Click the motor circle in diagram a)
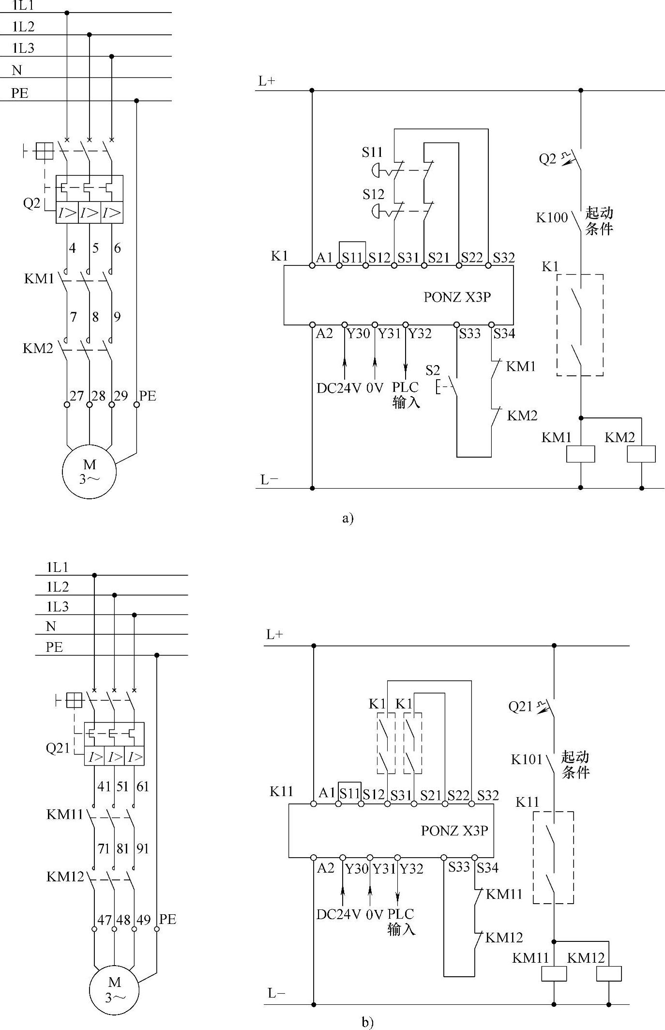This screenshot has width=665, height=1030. click(x=89, y=472)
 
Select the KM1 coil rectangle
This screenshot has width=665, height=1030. click(x=581, y=454)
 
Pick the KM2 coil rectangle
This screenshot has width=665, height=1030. click(x=641, y=454)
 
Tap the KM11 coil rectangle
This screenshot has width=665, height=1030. click(x=554, y=973)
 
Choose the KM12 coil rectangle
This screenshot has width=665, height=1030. click(x=609, y=973)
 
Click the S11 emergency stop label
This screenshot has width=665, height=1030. click(x=372, y=153)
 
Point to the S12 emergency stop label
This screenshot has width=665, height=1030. click(x=373, y=195)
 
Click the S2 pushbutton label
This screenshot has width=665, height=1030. click(x=433, y=371)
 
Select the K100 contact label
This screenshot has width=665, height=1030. click(x=551, y=217)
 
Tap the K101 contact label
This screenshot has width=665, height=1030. click(x=527, y=759)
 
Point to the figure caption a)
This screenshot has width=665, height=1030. click(x=348, y=519)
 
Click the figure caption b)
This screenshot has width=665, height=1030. click(x=367, y=1022)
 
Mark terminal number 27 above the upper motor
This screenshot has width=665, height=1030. click(x=76, y=396)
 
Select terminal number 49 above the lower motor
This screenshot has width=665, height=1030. click(x=143, y=920)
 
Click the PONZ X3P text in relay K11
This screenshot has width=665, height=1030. click(x=454, y=830)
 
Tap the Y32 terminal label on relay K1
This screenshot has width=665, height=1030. click(x=419, y=334)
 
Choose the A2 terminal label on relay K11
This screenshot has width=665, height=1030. click(x=326, y=868)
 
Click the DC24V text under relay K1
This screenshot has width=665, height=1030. click(x=339, y=388)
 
